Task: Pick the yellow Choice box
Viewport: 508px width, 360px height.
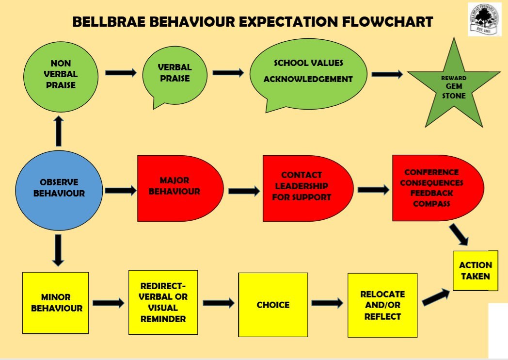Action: [x=273, y=304]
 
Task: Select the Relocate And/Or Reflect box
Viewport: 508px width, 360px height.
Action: [x=382, y=305]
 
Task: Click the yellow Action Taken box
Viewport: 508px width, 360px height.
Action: [x=475, y=271]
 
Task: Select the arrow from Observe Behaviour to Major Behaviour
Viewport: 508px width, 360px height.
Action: [x=121, y=190]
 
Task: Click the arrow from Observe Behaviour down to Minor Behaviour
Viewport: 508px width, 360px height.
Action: [x=58, y=249]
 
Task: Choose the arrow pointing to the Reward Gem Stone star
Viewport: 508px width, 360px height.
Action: [x=387, y=74]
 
